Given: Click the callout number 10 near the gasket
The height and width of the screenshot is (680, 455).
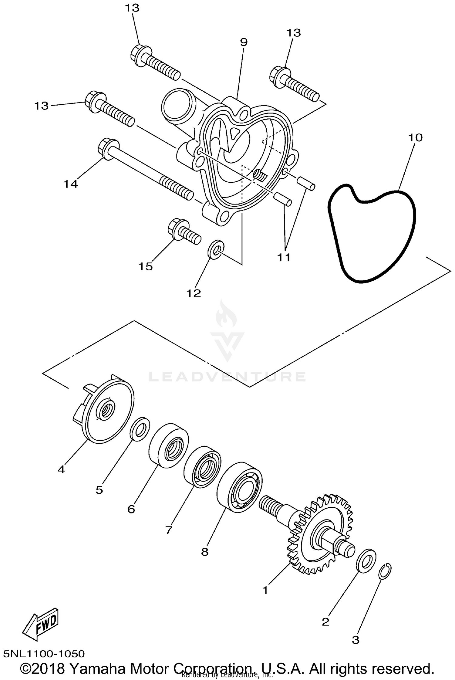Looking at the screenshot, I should point(415,138).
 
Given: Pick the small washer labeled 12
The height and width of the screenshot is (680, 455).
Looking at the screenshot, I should point(216,249).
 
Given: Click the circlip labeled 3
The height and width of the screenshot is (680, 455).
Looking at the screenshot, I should point(385,571).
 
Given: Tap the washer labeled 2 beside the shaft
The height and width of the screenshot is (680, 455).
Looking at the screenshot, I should point(366,561).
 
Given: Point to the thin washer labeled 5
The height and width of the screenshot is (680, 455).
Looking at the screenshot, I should point(140,429).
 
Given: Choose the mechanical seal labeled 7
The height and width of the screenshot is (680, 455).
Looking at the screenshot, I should point(203,467).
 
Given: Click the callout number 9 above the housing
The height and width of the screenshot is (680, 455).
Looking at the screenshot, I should point(244,42).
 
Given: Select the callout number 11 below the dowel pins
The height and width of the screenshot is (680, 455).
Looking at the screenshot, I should point(284,258).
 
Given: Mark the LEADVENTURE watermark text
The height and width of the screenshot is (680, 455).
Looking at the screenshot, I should point(227,377).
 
